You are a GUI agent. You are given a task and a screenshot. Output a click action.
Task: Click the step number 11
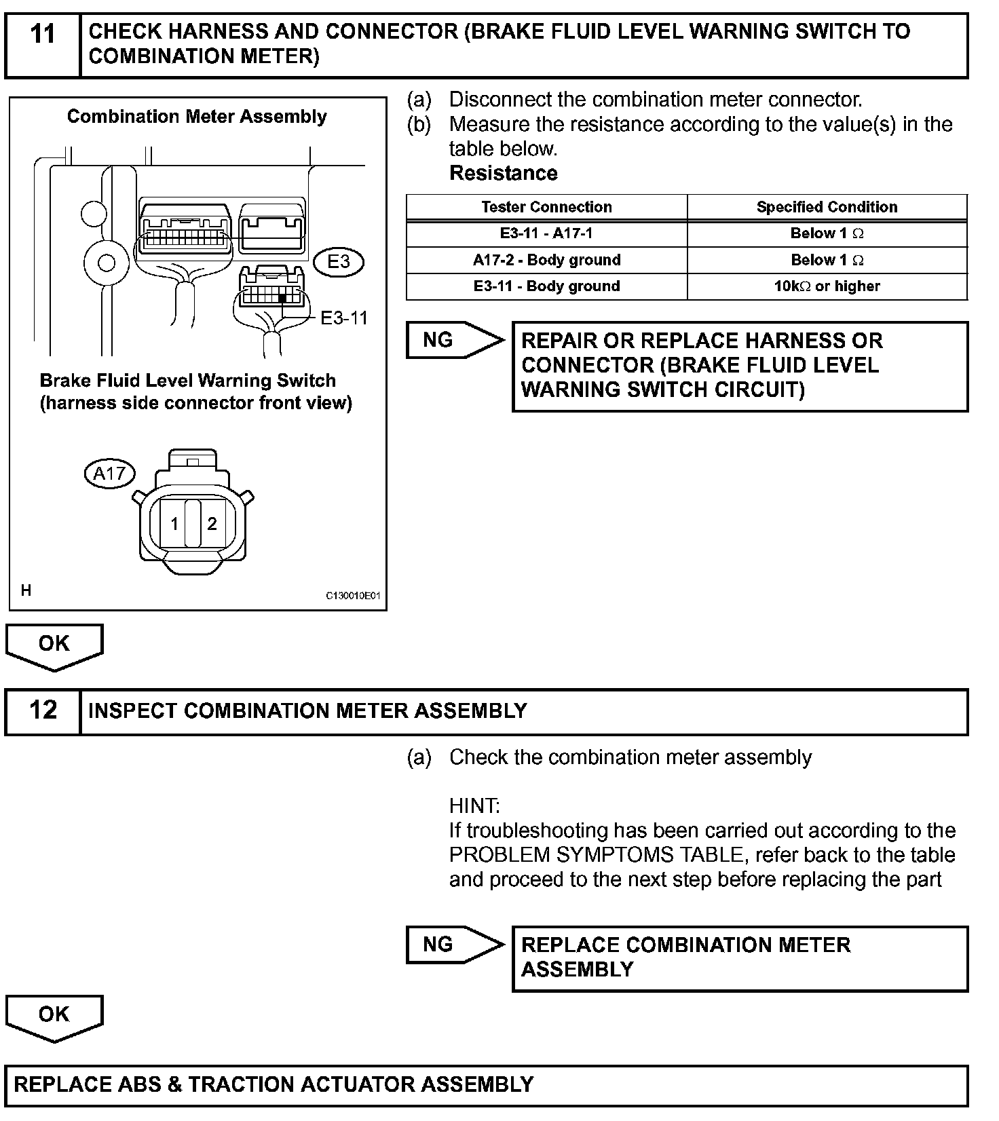pyautogui.click(x=43, y=34)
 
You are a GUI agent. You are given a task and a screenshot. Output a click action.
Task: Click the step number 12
pyautogui.click(x=43, y=710)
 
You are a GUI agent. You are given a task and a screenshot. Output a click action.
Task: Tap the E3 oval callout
pyautogui.click(x=338, y=261)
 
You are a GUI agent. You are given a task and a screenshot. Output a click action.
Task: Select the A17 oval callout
pyautogui.click(x=109, y=473)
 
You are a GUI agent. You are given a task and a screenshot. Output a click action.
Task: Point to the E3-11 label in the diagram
pyautogui.click(x=344, y=318)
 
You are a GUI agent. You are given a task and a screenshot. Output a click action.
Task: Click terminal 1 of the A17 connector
pyautogui.click(x=174, y=524)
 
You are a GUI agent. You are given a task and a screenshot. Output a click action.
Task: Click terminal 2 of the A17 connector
pyautogui.click(x=212, y=523)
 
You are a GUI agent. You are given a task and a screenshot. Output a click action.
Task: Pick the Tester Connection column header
pyautogui.click(x=546, y=207)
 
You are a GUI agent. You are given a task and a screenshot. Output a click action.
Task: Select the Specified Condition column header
pyautogui.click(x=827, y=207)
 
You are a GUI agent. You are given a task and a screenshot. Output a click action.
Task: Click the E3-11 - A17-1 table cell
pyautogui.click(x=546, y=233)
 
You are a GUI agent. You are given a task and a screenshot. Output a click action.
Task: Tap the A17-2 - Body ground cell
pyautogui.click(x=546, y=260)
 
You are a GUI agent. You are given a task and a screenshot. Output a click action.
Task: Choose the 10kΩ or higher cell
pyautogui.click(x=827, y=286)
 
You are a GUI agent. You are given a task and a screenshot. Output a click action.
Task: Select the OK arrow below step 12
pyautogui.click(x=54, y=1016)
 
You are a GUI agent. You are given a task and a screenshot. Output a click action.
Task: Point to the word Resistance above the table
pyautogui.click(x=503, y=173)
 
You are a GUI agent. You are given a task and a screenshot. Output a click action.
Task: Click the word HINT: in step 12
pyautogui.click(x=474, y=806)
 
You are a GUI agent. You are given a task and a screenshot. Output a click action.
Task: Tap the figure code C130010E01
pyautogui.click(x=353, y=596)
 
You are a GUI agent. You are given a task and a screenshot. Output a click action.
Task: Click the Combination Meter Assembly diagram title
pyautogui.click(x=197, y=117)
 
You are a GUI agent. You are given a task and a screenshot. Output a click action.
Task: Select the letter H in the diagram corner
pyautogui.click(x=26, y=590)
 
